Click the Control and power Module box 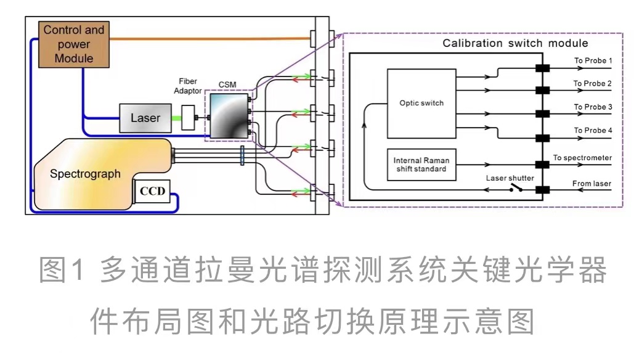pos(74,44)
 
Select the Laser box pos(145,118)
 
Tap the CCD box pos(152,191)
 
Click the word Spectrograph pos(85,174)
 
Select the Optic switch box pos(421,104)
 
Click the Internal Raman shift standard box pos(421,165)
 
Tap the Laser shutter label pos(510,178)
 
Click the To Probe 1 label pos(593,60)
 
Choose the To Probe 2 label pos(593,83)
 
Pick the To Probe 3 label pos(593,107)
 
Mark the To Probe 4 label pos(593,130)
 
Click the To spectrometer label pos(582,158)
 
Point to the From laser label pos(591,183)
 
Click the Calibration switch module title pos(515,43)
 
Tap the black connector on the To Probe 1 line pos(542,68)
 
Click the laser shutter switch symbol pos(516,188)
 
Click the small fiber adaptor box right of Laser pos(188,118)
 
